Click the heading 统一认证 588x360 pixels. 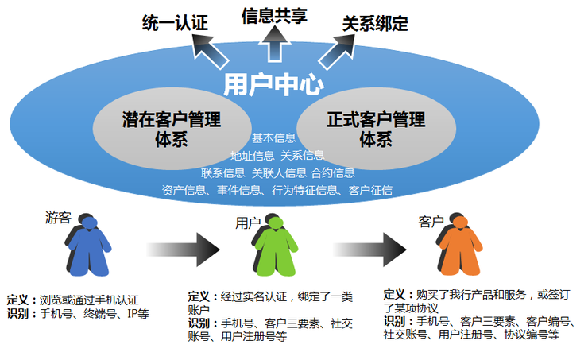[x=175, y=23]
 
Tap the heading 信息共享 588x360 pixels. [x=274, y=16]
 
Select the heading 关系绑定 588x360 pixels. [x=375, y=24]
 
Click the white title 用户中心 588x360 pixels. [x=273, y=85]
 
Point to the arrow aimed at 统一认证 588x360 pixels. [x=209, y=51]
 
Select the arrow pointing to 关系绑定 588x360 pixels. [x=337, y=52]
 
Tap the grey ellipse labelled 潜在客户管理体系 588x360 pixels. [x=172, y=129]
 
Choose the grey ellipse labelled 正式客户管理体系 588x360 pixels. [x=376, y=129]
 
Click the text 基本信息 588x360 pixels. [x=274, y=138]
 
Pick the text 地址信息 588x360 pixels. [x=253, y=155]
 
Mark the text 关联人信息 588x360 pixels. [x=280, y=173]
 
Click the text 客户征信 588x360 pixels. [x=370, y=190]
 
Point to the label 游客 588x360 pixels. [x=58, y=217]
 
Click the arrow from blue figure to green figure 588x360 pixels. [x=183, y=250]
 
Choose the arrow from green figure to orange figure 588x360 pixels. [x=369, y=250]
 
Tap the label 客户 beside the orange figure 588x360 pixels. [x=431, y=222]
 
